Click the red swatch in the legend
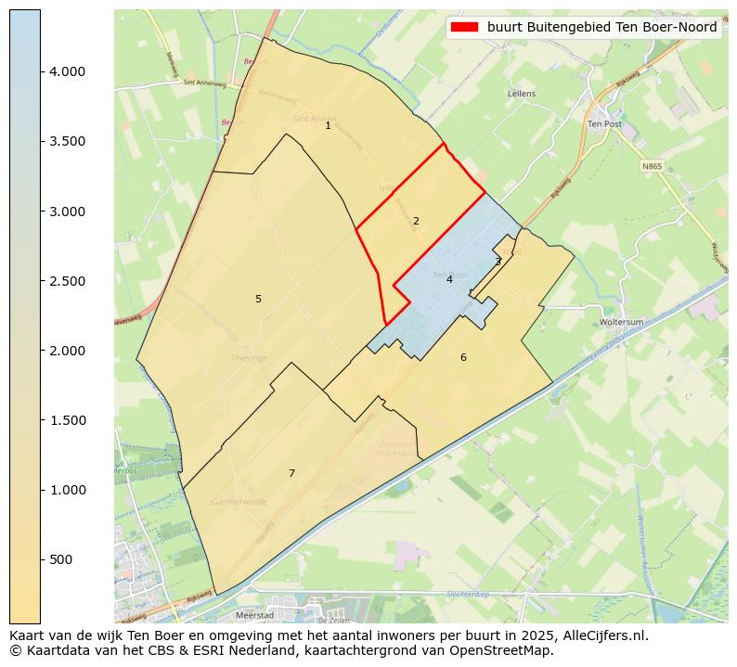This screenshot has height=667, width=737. click(x=464, y=27)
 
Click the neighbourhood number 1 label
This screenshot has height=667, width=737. click(x=328, y=125)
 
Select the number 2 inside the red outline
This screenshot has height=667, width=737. click(x=416, y=221)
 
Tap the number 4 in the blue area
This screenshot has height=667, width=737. click(x=449, y=279)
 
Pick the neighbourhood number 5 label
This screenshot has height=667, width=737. click(x=258, y=299)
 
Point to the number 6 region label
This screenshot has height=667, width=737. click(x=463, y=357)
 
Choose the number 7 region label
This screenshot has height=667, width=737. click(x=291, y=473)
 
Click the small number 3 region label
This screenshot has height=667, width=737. click(x=498, y=262)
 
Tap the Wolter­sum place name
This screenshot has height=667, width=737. click(x=621, y=322)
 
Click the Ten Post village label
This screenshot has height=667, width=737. click(x=604, y=123)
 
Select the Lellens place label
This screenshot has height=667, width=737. click(x=522, y=94)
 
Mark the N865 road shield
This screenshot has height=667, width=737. click(x=653, y=167)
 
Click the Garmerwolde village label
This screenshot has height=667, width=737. click(x=239, y=501)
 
